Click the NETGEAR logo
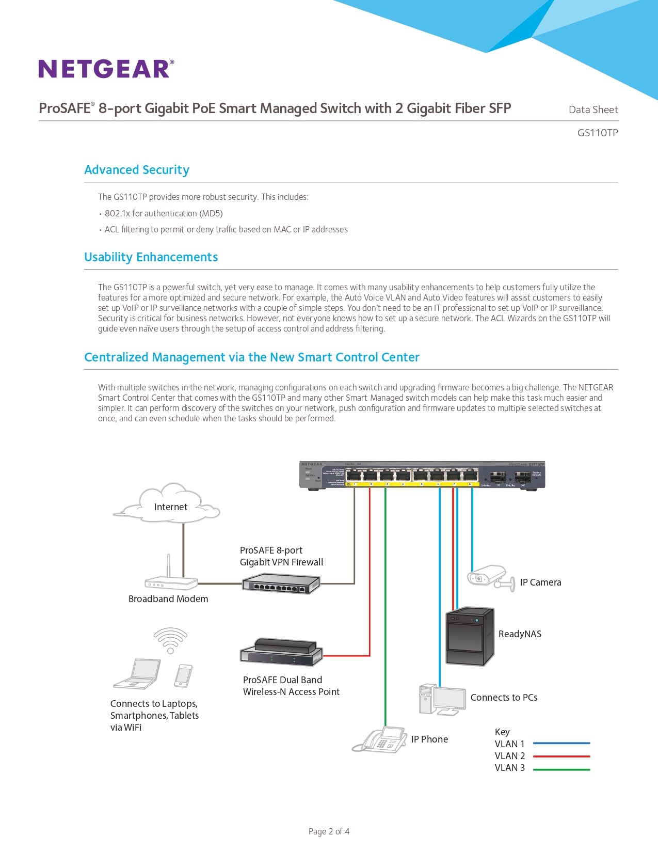pos(106,69)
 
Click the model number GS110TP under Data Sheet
pos(597,133)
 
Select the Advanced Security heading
pos(136,170)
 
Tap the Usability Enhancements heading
pos(151,257)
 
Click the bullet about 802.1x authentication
pos(163,213)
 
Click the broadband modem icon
pos(171,581)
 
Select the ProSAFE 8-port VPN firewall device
pos(281,584)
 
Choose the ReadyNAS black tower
pos(469,636)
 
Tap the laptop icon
pos(137,673)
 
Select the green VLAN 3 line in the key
pos(561,769)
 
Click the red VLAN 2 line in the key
pos(561,756)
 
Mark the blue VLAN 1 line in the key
pos(561,744)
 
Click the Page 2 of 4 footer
pos(329,831)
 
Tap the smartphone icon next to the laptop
pos(183,675)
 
